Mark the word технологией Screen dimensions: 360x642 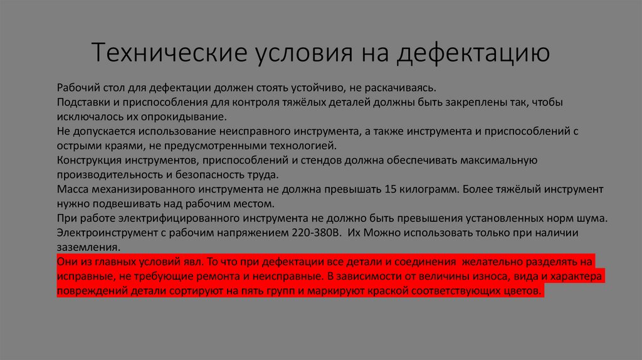coord(292,146)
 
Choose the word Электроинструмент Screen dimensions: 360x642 coord(105,233)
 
